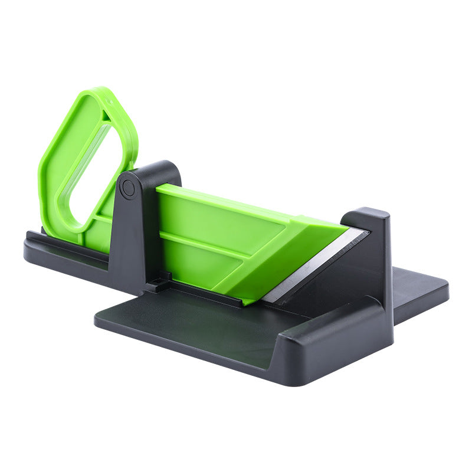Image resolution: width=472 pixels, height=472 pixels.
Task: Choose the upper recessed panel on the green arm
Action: (212, 218)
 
